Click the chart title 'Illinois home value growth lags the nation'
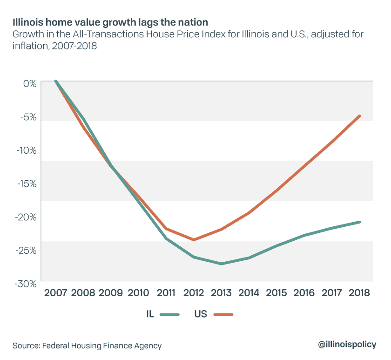coord(107,22)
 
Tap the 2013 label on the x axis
coord(222,293)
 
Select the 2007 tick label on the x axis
coord(55,293)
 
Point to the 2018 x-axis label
coord(360,293)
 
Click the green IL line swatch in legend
coord(170,314)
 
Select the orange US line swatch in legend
coord(223,314)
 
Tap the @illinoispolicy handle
coord(347,345)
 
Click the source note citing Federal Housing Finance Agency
coord(87,346)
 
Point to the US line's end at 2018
coord(360,115)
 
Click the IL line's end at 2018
coord(360,222)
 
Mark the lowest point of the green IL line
coord(222,264)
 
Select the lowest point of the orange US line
coord(194,240)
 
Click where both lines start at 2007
coord(56,81)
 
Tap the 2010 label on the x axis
coord(138,293)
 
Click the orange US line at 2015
coord(277,190)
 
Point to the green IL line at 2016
coord(304,235)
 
